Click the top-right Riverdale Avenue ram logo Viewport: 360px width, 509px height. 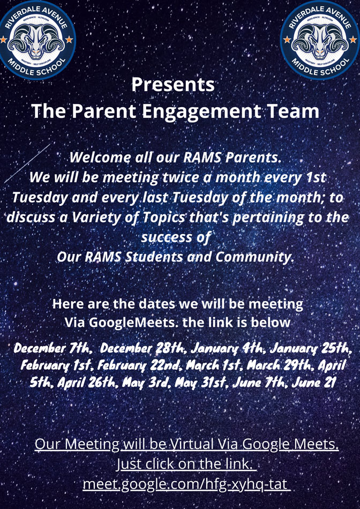(320, 40)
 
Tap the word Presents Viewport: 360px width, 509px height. (173, 85)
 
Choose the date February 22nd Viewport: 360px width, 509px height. (138, 366)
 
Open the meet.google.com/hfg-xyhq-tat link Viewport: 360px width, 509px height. (186, 484)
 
